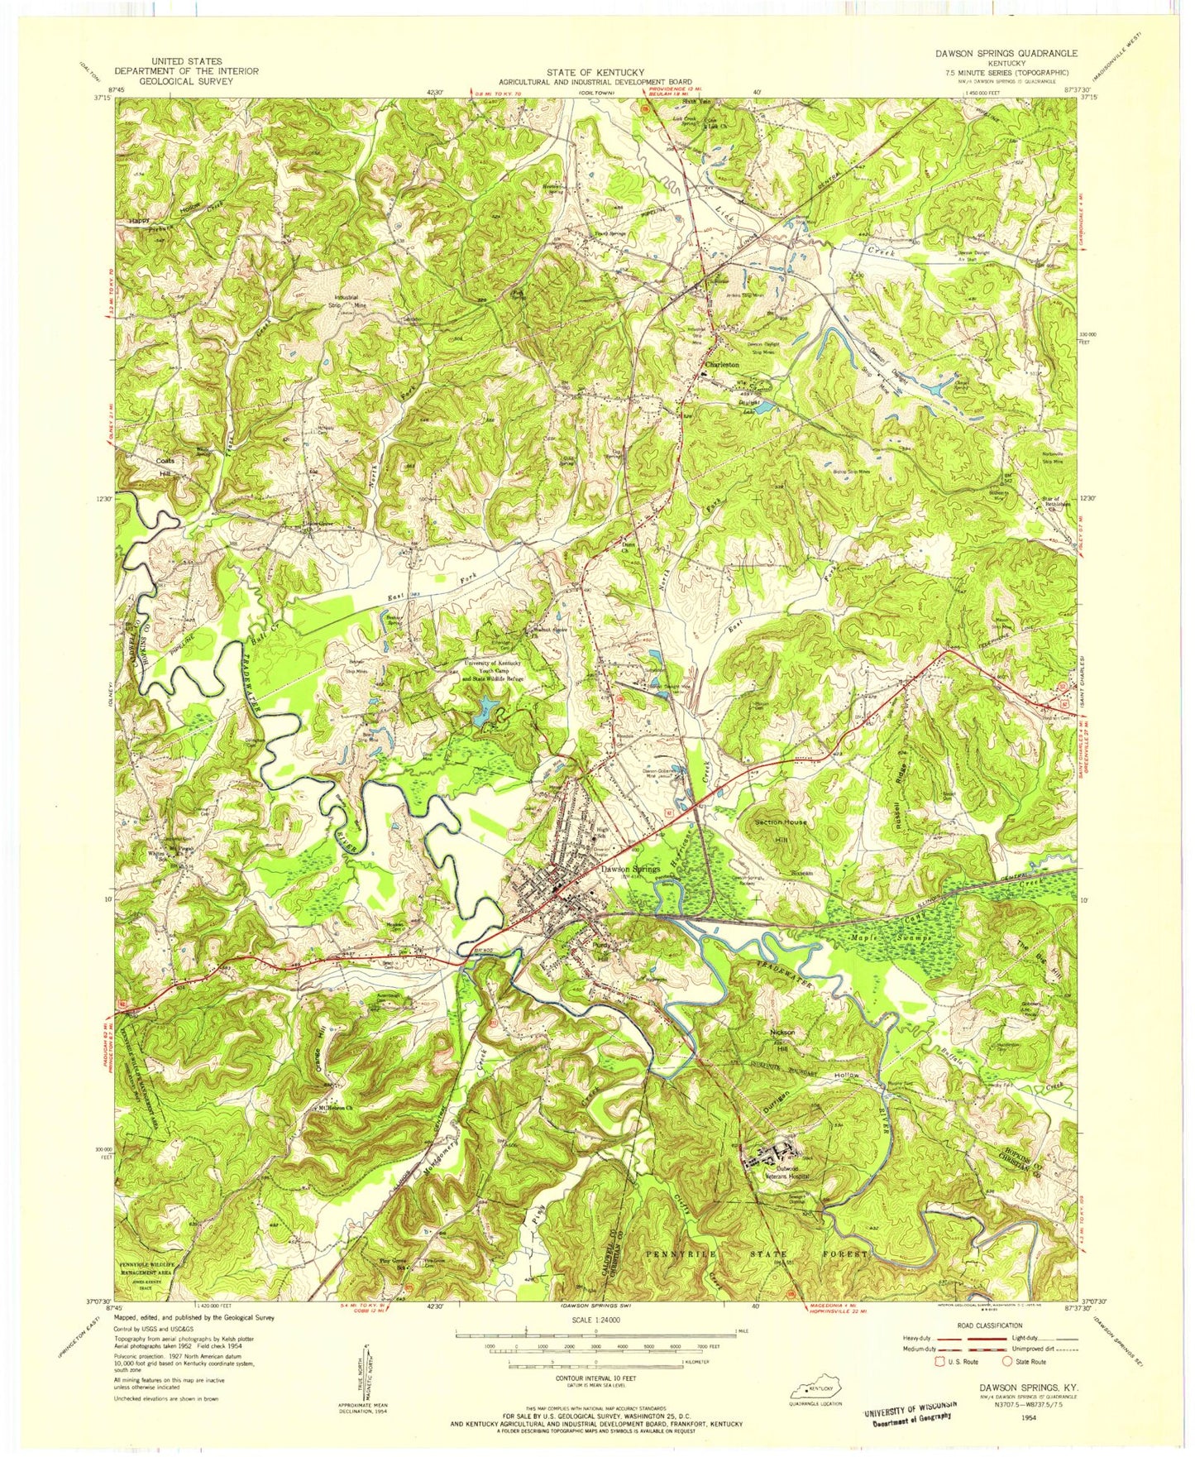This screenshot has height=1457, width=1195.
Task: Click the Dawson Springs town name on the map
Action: (630, 870)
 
